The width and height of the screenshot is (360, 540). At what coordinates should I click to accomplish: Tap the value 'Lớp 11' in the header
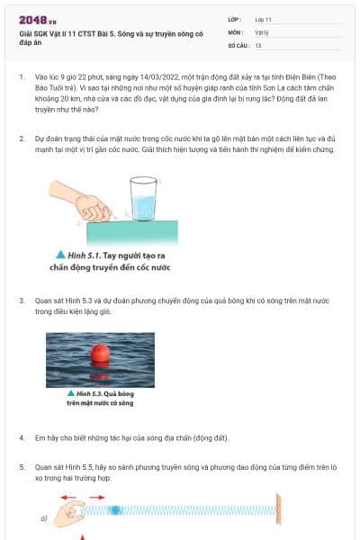click(265, 18)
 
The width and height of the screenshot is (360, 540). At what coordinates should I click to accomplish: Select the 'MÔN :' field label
click(237, 31)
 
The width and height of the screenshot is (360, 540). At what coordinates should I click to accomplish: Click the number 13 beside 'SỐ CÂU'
click(258, 44)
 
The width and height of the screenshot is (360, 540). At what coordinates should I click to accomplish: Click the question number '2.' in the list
click(22, 139)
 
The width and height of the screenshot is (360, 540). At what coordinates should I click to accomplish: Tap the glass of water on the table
click(143, 199)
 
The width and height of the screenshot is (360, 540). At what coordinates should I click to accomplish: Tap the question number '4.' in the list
click(22, 437)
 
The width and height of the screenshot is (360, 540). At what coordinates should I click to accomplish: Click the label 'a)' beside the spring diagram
click(43, 518)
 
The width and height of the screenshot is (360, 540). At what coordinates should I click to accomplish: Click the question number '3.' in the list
click(22, 299)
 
